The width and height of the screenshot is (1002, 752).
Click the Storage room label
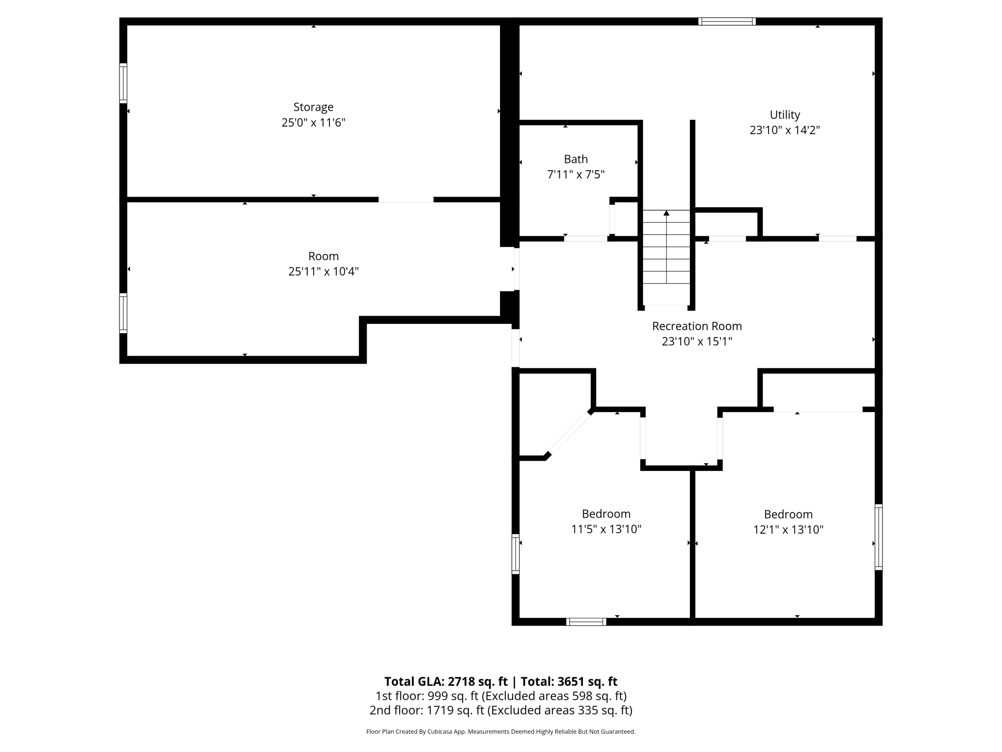click(313, 107)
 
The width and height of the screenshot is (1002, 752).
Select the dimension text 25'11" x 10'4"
click(323, 271)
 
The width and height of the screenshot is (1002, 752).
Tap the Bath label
click(576, 159)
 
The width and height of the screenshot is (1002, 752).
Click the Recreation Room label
click(697, 326)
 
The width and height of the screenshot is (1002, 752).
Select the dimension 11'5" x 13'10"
click(606, 529)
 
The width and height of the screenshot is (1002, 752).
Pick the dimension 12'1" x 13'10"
click(788, 530)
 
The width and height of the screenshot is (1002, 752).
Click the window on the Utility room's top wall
click(726, 21)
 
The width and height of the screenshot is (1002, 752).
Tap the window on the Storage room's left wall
click(123, 83)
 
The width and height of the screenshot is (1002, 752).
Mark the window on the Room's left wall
click(123, 313)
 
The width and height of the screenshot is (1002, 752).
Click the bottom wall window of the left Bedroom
click(586, 622)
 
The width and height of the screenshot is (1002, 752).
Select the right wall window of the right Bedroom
click(878, 537)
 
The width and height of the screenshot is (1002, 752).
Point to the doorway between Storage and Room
click(406, 200)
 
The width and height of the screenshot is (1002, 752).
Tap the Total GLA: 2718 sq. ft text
click(446, 682)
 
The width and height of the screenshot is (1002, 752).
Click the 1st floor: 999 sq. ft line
click(501, 696)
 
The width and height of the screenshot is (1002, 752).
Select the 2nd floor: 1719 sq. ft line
click(501, 710)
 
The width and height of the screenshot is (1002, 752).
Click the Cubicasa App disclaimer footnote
click(501, 732)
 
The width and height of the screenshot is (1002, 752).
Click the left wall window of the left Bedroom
click(515, 554)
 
